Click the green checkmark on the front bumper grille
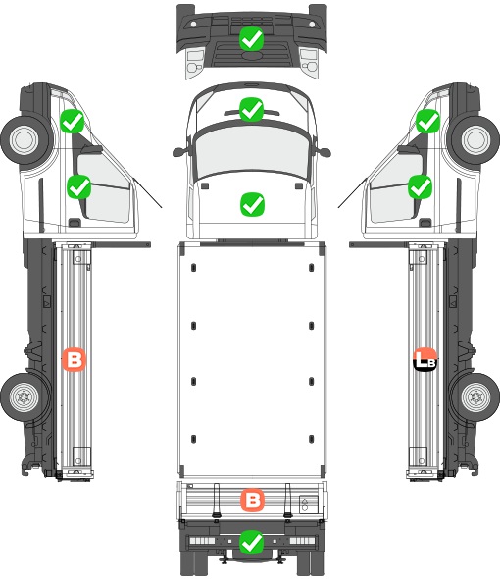[251, 39]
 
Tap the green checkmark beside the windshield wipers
[251, 109]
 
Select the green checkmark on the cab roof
[252, 204]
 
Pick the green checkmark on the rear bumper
[251, 542]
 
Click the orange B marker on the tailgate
[252, 500]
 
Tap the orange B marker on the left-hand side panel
[74, 359]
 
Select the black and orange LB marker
[425, 359]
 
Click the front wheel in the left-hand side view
[25, 139]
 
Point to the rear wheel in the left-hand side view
[25, 396]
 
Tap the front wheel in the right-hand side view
[475, 139]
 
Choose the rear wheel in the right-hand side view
[475, 396]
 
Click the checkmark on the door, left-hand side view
[79, 186]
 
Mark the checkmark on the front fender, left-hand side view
[73, 121]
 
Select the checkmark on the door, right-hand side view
[421, 186]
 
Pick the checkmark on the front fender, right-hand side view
[428, 121]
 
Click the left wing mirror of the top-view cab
[178, 152]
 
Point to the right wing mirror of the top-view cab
[324, 152]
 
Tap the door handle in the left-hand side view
[75, 223]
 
